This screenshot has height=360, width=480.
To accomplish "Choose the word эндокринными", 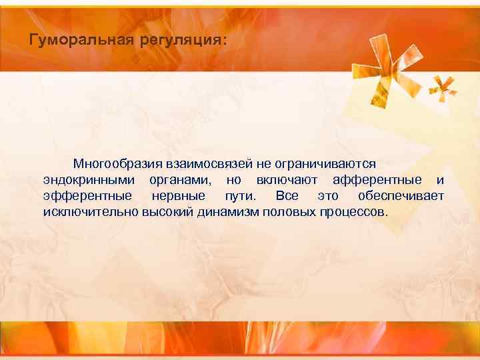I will [90, 180].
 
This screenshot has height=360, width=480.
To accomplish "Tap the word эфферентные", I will [87, 197].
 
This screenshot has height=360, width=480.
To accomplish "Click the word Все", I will [287, 197].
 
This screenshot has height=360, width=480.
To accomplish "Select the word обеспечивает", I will [400, 197].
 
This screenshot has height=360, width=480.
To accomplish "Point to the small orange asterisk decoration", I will [441, 85].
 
